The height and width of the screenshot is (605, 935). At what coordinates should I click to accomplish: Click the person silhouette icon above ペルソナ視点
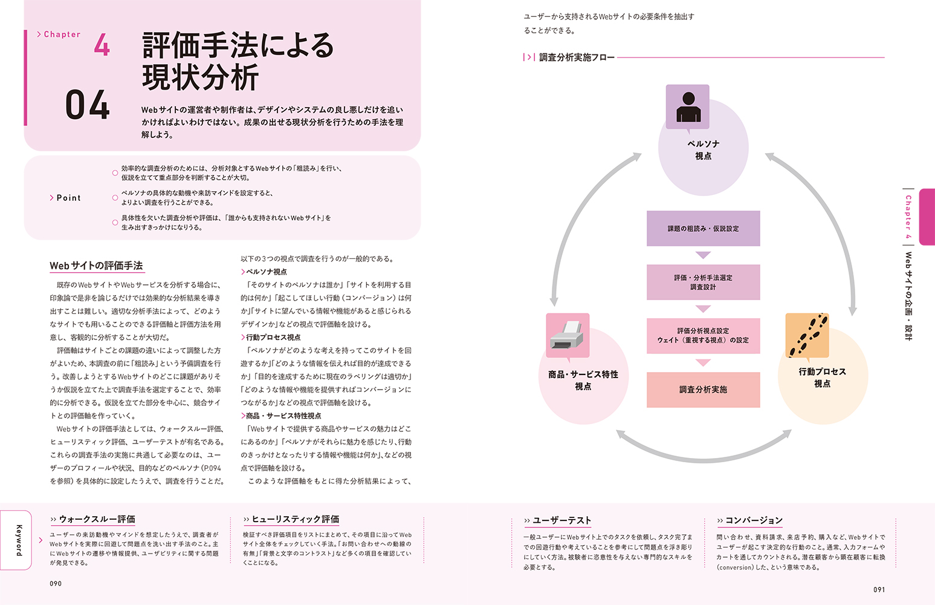click(x=688, y=107)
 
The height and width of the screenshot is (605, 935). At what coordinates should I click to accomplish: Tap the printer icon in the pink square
click(x=568, y=335)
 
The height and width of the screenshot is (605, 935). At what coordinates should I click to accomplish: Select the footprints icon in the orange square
click(x=807, y=335)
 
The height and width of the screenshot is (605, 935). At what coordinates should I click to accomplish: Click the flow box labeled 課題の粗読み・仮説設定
click(x=704, y=229)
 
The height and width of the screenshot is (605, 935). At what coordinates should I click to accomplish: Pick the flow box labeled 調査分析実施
click(x=704, y=390)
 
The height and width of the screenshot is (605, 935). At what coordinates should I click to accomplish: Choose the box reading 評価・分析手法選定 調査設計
click(x=704, y=282)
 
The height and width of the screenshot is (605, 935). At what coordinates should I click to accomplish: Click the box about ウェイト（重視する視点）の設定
click(x=704, y=336)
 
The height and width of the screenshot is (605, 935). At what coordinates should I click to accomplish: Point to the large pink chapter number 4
click(x=102, y=44)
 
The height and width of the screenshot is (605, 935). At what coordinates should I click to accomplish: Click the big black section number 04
click(x=87, y=105)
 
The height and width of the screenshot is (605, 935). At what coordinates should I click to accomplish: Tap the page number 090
click(x=56, y=584)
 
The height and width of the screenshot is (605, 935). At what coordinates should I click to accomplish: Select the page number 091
click(x=879, y=589)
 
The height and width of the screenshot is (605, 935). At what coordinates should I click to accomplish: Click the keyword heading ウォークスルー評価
click(x=97, y=519)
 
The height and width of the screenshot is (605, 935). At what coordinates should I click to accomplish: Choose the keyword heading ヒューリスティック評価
click(x=295, y=519)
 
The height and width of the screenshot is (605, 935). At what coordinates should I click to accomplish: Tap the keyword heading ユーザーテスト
click(x=562, y=520)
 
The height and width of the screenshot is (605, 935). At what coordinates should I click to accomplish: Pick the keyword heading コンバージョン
click(x=754, y=520)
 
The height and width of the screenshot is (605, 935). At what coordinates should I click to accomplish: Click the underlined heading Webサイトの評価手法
click(x=97, y=266)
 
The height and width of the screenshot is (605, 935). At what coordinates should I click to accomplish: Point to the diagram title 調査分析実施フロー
click(x=577, y=57)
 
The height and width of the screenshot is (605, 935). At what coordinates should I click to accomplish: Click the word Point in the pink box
click(x=68, y=198)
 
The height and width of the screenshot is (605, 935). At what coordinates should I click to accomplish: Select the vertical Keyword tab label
click(x=19, y=540)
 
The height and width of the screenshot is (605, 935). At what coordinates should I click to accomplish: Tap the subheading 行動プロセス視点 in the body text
click(x=273, y=337)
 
